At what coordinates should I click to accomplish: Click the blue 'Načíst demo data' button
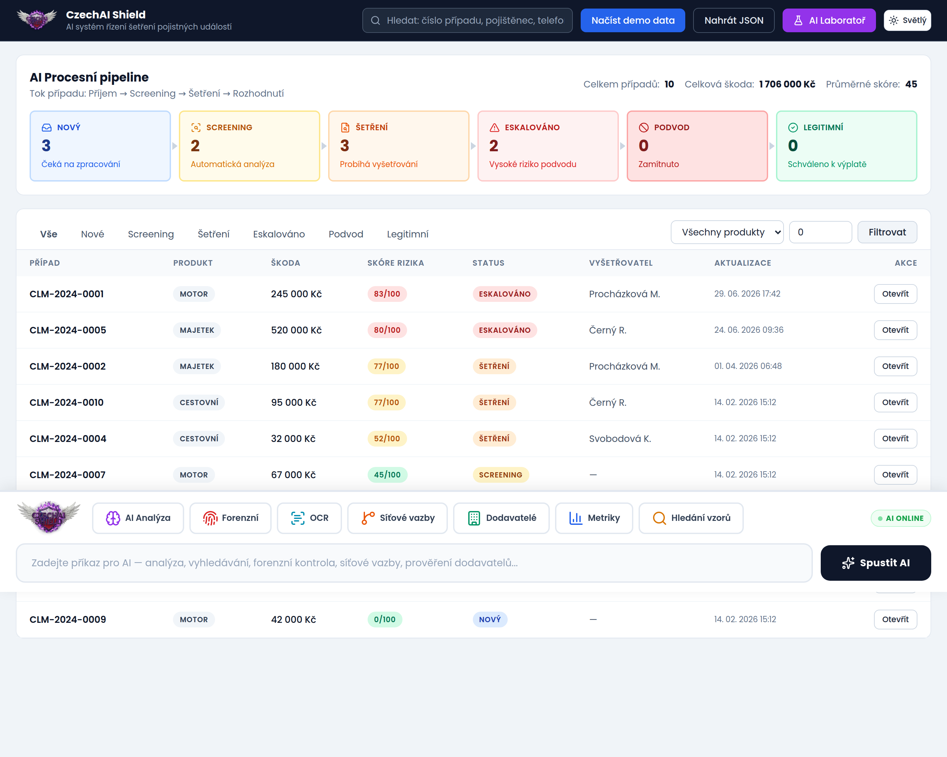click(x=633, y=20)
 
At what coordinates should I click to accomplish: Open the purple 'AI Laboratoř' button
click(x=829, y=20)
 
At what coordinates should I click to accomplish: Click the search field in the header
click(x=467, y=20)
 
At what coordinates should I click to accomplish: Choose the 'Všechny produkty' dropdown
click(x=727, y=232)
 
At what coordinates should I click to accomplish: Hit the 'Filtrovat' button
click(x=887, y=232)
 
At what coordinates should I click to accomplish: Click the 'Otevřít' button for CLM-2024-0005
click(x=895, y=330)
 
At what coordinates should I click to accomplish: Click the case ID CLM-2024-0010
click(x=67, y=403)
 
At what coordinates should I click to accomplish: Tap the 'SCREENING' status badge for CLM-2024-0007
click(x=500, y=475)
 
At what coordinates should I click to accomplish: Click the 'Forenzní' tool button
click(x=230, y=518)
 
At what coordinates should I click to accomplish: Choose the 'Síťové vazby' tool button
click(x=397, y=518)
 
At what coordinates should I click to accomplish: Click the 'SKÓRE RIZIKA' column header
click(x=395, y=263)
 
